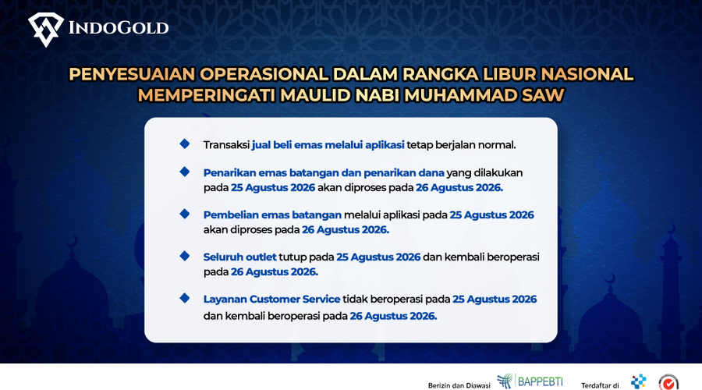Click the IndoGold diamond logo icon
tap(46, 30)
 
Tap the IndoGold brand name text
tap(119, 28)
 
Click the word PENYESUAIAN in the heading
tap(132, 74)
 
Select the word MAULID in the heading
tap(312, 95)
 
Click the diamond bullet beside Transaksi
tap(184, 144)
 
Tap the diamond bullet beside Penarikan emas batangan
tap(184, 172)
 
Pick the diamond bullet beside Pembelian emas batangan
tap(184, 214)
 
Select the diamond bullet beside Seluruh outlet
tap(184, 256)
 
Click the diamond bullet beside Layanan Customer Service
tap(184, 298)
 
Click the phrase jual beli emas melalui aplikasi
tap(328, 145)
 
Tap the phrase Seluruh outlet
tap(240, 257)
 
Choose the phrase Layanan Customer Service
tap(271, 299)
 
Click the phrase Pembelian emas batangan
tap(272, 215)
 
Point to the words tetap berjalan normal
tap(462, 145)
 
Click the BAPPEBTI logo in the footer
tap(530, 381)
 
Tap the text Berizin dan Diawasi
tap(459, 385)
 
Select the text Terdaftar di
tap(600, 385)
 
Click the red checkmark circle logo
tap(668, 382)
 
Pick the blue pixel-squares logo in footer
tap(638, 381)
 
